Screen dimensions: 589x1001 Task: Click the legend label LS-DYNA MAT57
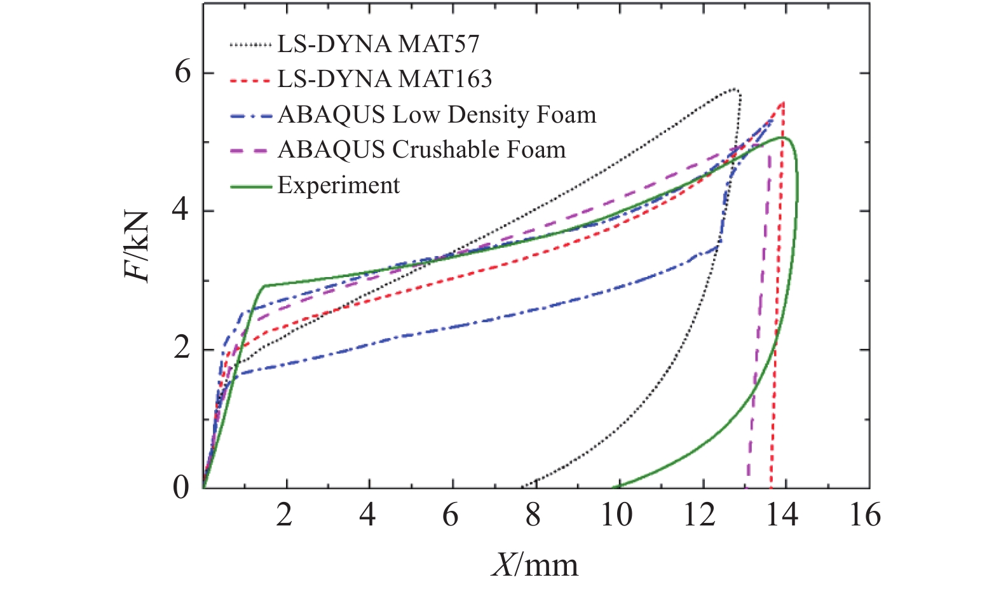pyautogui.click(x=378, y=44)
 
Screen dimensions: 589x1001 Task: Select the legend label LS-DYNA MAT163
pyautogui.click(x=385, y=79)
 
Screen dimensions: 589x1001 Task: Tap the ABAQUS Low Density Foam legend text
pyautogui.click(x=437, y=114)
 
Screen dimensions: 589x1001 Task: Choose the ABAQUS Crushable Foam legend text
pyautogui.click(x=421, y=149)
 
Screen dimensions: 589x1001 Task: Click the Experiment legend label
pyautogui.click(x=339, y=185)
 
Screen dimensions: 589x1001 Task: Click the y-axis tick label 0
pyautogui.click(x=181, y=487)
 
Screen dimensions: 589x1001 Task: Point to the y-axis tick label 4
pyautogui.click(x=181, y=210)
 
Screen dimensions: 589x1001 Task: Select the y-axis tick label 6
pyautogui.click(x=182, y=72)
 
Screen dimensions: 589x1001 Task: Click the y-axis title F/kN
pyautogui.click(x=137, y=246)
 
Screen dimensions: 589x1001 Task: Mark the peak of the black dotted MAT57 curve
pyautogui.click(x=733, y=89)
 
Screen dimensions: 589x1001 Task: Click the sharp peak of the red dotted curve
pyautogui.click(x=783, y=102)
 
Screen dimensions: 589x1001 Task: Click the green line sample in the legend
pyautogui.click(x=251, y=186)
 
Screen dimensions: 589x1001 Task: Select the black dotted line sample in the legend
pyautogui.click(x=251, y=44)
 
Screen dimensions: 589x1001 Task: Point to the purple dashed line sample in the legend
pyautogui.click(x=251, y=150)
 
